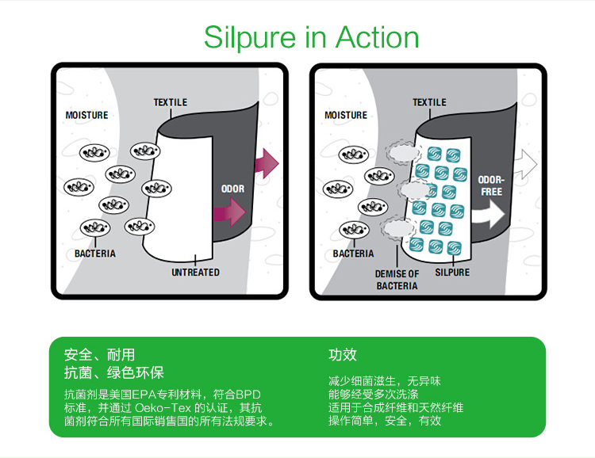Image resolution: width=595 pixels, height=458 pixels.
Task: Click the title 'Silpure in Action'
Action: [311, 38]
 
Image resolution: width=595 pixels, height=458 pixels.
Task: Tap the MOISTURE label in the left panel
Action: [87, 115]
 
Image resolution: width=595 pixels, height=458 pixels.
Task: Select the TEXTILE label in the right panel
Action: [429, 102]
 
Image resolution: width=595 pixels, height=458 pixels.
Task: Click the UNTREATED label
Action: [195, 273]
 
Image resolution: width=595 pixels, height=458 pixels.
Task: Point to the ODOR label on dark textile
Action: [233, 189]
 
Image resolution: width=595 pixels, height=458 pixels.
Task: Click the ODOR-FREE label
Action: [491, 185]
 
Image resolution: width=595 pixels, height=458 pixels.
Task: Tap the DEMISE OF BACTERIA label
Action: [397, 280]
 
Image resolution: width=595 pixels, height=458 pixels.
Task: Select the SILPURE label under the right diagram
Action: [452, 273]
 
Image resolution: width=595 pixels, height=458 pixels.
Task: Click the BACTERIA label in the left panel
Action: [95, 254]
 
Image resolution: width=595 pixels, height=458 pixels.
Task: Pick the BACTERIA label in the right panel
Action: [353, 254]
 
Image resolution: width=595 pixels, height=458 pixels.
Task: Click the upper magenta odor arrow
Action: [267, 163]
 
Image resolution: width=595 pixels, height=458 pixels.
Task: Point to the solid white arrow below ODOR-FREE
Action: [489, 214]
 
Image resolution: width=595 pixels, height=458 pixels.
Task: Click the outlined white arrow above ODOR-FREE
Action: [526, 164]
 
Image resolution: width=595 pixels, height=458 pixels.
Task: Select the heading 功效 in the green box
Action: [343, 355]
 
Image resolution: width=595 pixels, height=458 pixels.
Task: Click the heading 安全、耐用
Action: [99, 355]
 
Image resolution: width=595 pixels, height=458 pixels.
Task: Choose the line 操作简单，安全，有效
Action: [385, 421]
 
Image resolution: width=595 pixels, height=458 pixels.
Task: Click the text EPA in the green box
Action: [144, 395]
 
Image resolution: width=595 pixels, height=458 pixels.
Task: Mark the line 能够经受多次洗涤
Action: [374, 395]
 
